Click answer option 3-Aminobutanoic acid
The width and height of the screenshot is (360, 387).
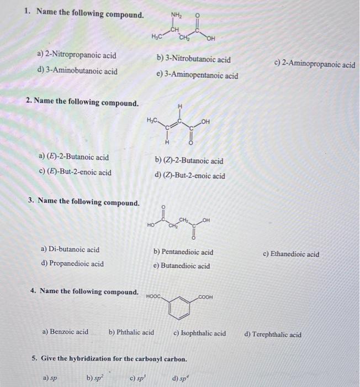point(77,71)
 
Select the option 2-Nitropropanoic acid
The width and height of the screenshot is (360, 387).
point(77,55)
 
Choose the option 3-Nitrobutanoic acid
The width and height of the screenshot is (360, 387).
point(193,59)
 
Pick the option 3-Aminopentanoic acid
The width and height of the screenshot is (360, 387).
point(197,76)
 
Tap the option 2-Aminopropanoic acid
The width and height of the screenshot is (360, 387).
point(314,65)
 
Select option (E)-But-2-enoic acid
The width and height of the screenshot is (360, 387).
point(75,172)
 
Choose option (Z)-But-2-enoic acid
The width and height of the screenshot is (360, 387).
point(190,176)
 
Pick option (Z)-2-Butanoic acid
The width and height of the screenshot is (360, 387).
point(189,161)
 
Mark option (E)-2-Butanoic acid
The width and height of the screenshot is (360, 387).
point(74,158)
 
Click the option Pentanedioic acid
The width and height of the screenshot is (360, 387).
point(183,252)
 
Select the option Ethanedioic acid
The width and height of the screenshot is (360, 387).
point(291,254)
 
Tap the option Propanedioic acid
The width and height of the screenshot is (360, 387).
point(72,264)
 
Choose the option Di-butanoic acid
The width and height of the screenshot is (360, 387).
point(70,249)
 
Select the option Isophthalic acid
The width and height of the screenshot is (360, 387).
point(199,333)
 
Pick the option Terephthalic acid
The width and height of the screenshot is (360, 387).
point(273,334)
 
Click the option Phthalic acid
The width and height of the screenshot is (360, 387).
point(131,332)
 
